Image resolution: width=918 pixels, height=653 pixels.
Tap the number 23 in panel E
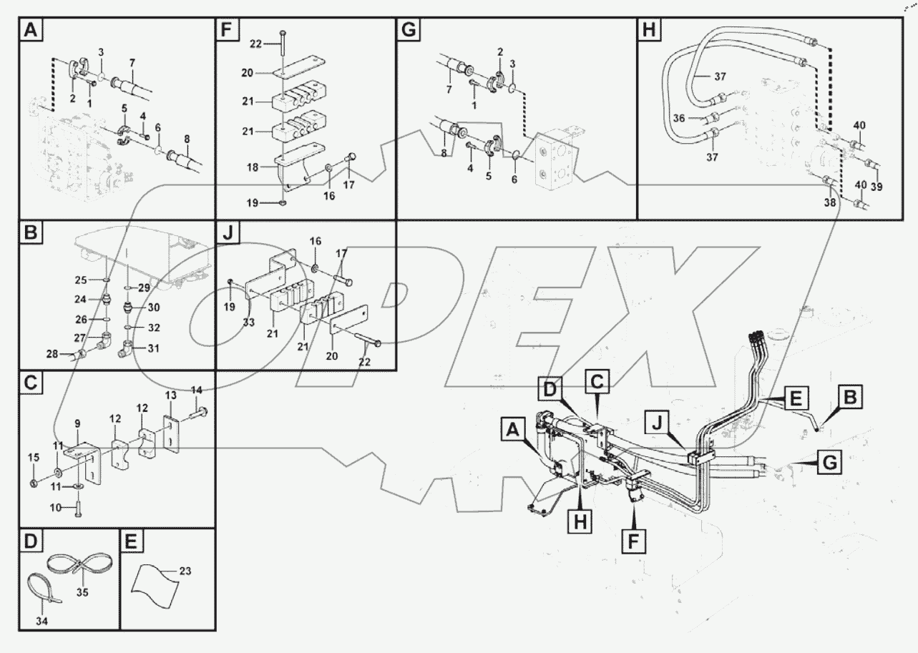click(x=185, y=571)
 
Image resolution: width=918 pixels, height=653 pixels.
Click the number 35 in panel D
click(x=84, y=592)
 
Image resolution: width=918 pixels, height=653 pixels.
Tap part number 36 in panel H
click(x=679, y=119)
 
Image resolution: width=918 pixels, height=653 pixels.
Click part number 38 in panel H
click(x=829, y=202)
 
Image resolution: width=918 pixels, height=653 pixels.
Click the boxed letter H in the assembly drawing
click(x=580, y=523)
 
